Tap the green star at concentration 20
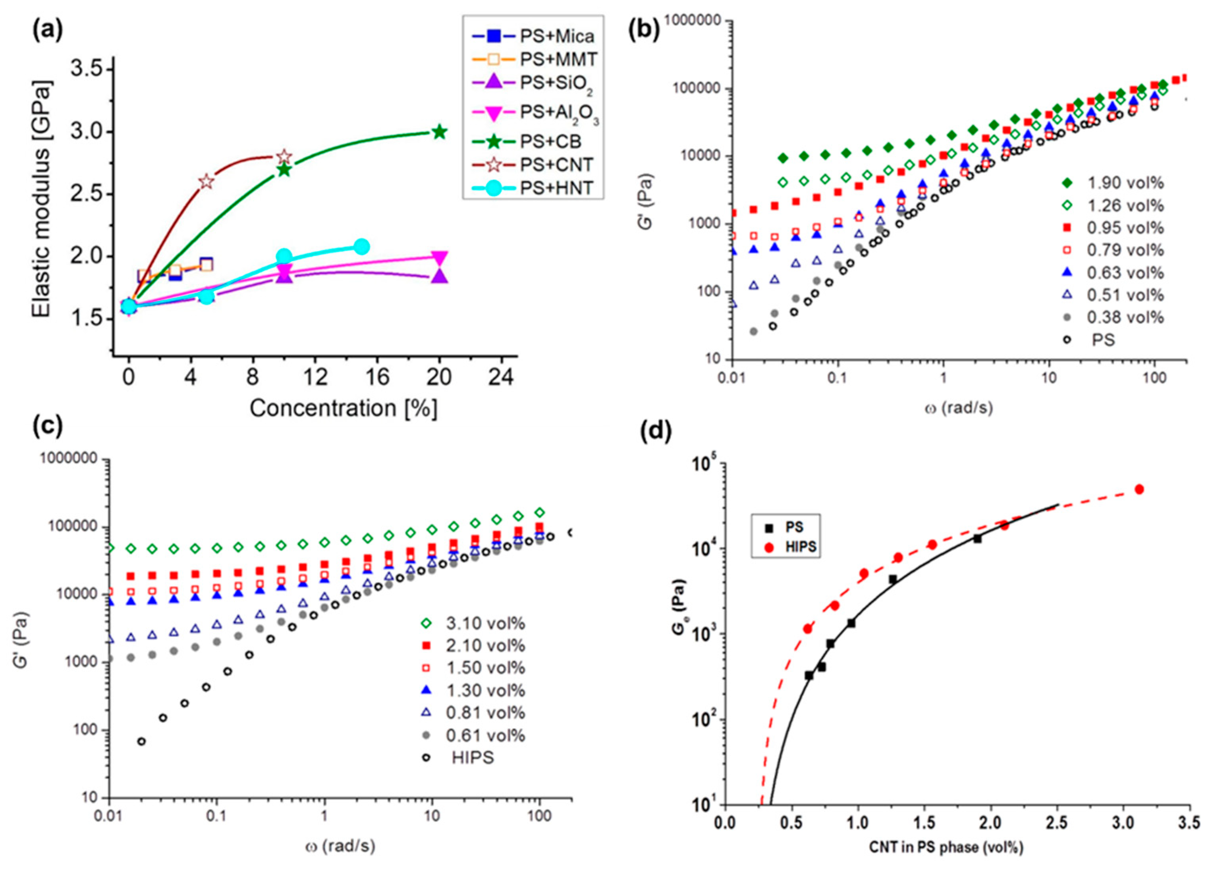point(439,132)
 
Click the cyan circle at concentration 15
point(361,247)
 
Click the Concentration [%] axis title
point(343,408)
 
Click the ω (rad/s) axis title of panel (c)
point(340,846)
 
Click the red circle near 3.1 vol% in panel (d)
point(1139,489)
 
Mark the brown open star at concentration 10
point(284,157)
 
